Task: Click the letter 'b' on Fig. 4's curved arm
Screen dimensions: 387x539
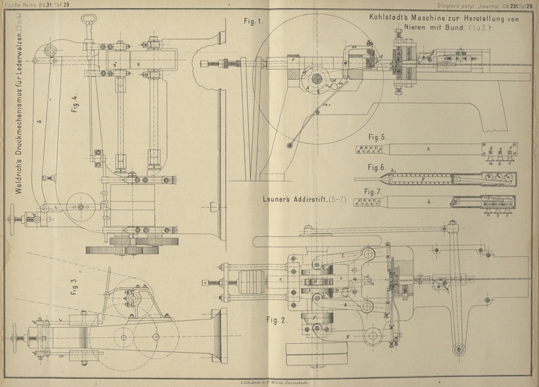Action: click(38, 121)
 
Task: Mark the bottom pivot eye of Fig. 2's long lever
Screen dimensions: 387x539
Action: click(461, 349)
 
